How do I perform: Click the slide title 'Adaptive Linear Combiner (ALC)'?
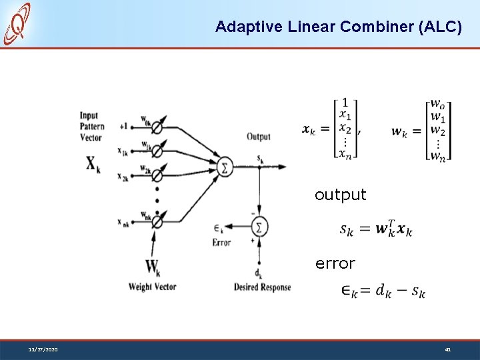[338, 27]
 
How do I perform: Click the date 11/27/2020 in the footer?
[43, 349]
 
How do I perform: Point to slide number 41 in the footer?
[449, 349]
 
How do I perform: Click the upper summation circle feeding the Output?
[225, 166]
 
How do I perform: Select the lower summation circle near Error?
[259, 227]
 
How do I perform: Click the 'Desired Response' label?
[262, 287]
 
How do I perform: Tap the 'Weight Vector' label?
[153, 287]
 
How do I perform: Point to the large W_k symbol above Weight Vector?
[153, 268]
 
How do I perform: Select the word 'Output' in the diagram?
[259, 137]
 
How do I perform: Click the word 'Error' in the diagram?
[221, 243]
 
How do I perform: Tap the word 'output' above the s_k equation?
[340, 195]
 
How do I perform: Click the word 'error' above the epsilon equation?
[335, 263]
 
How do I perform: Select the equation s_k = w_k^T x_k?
[376, 229]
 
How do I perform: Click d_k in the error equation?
[383, 291]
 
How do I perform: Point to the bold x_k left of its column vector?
[309, 130]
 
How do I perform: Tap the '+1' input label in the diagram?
[123, 126]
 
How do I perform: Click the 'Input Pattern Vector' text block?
[91, 127]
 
